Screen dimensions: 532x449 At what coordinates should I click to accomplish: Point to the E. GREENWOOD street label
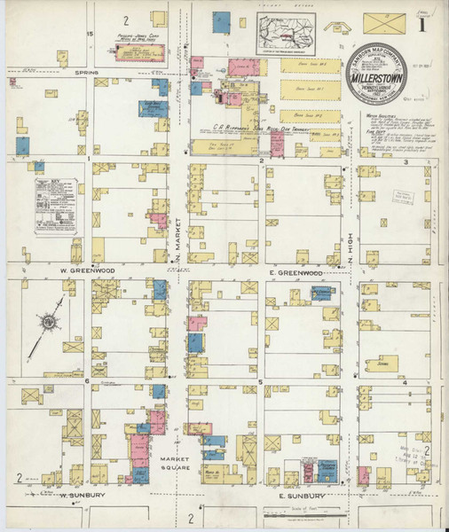pos(296,273)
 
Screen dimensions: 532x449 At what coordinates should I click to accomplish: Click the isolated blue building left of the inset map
pos(222,23)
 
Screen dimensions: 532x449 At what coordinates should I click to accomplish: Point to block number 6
pos(89,381)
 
